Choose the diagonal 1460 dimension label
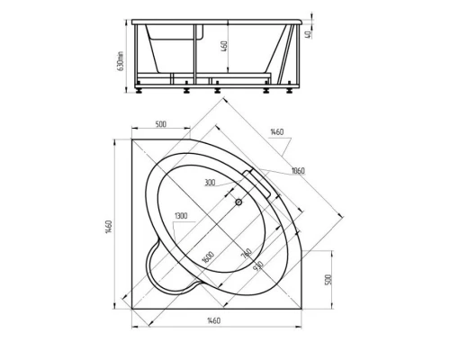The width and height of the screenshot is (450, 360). (x=275, y=134)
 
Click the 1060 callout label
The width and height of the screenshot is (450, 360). (x=297, y=171)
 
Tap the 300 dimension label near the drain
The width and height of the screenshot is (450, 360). (x=210, y=183)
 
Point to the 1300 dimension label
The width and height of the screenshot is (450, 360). (x=182, y=217)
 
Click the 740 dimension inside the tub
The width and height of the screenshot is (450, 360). (x=245, y=254)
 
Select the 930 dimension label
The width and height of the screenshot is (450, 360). (x=257, y=267)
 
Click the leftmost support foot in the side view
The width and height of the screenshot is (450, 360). (x=141, y=89)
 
